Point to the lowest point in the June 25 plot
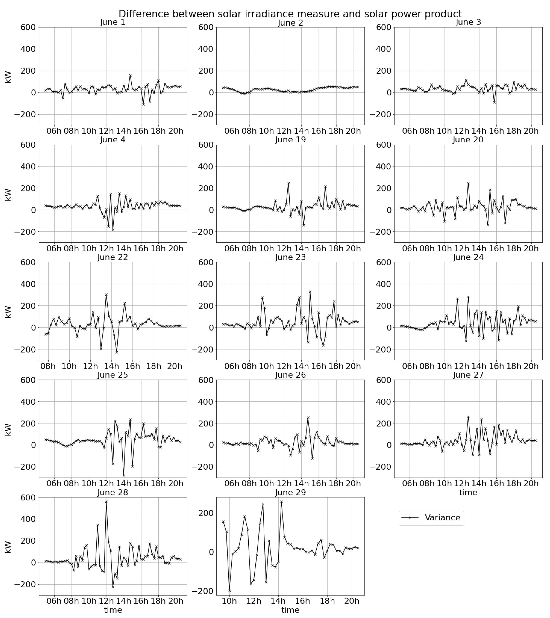tap(124, 476)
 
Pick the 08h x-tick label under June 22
tap(48, 366)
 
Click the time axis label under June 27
tap(468, 493)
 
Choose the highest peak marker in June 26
tap(308, 418)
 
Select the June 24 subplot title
tap(468, 257)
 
